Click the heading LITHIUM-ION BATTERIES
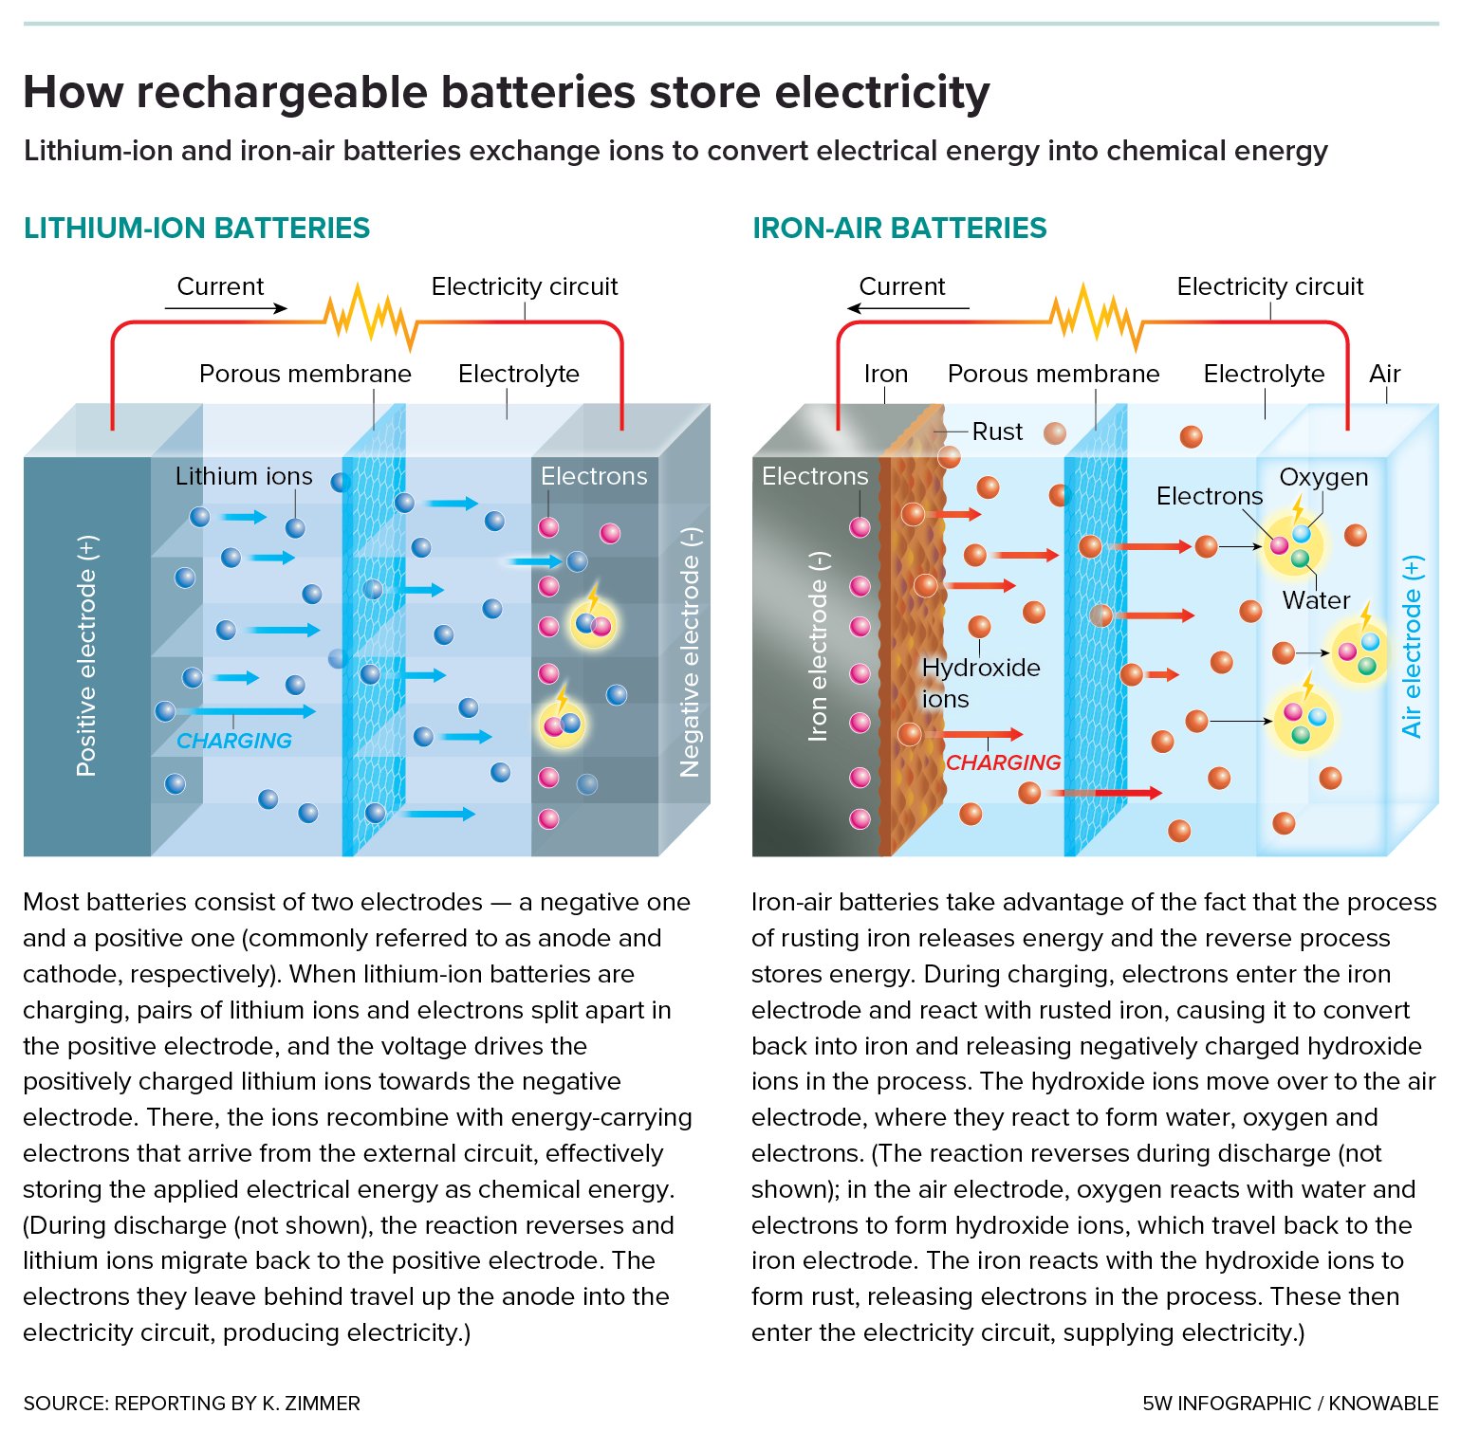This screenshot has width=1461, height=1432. pos(196,229)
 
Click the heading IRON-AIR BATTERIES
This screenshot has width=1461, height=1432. pos(898,229)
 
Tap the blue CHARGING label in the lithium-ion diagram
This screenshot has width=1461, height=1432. pos(234,741)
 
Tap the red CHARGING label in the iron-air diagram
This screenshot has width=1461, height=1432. pos(1003,762)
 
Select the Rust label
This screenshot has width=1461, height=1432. pos(997,431)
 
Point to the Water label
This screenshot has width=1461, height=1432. pos(1316,600)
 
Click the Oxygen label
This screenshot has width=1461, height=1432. pos(1323,477)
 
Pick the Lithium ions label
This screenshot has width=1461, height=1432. pos(244,476)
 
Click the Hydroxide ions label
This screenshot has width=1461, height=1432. pos(980,683)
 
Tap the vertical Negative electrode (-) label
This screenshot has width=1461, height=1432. pos(690,652)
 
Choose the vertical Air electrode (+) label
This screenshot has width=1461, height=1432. pos(1412,647)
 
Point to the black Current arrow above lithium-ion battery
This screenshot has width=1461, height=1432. pos(226,308)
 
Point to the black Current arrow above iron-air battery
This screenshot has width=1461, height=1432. pos(908,308)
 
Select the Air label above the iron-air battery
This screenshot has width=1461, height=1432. pos(1384,374)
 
